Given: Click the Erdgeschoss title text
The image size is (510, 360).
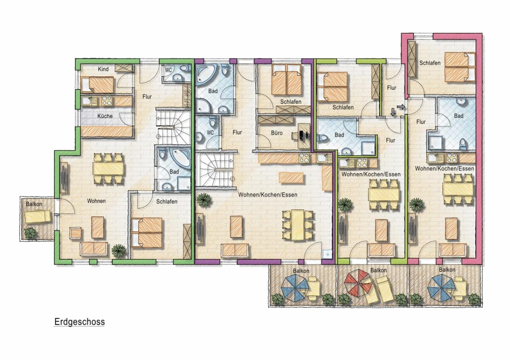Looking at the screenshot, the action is point(79,322).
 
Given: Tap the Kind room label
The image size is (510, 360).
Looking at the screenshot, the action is point(103,69).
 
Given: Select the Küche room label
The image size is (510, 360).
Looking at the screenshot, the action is point(105,116).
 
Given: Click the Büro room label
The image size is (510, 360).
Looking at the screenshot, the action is point(277,133).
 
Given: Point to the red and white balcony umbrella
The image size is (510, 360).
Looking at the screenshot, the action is point(358,283).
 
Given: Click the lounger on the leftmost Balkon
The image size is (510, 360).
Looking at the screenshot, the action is point(38,216).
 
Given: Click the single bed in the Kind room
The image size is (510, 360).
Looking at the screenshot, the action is point(97,84).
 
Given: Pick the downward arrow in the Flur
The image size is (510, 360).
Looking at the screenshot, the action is point(393,112).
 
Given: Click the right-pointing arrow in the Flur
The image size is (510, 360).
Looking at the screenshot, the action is point(401,106).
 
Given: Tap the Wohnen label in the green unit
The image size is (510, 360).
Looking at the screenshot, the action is point(96,201).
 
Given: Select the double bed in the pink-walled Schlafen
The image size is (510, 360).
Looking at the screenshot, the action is point(460,67).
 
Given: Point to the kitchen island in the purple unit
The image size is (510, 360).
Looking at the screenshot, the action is point(291,178).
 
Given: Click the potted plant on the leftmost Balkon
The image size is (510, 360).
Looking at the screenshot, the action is point(30,233).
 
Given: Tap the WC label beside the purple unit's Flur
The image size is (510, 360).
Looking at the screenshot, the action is point(210,132).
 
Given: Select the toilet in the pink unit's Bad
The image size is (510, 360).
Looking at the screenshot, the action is point(463,144).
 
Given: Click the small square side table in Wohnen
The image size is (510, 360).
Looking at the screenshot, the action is point(75,233).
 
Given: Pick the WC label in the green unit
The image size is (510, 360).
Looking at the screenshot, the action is point(168,70).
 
